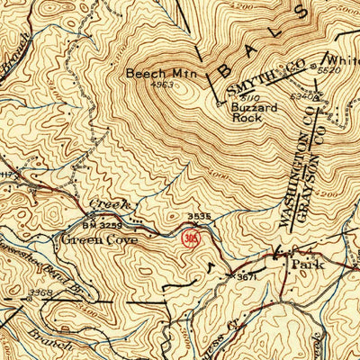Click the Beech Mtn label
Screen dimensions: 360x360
click(154, 74)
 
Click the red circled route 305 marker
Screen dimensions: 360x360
click(190, 238)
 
